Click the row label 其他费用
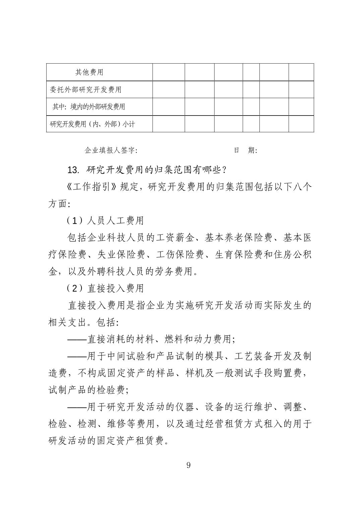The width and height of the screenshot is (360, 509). click(89, 72)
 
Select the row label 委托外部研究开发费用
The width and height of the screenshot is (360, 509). click(85, 89)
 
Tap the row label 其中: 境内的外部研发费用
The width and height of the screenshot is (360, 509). click(89, 107)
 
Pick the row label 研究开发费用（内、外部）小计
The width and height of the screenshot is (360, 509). click(92, 124)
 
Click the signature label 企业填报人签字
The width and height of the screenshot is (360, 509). click(111, 150)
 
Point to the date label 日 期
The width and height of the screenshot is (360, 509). click(245, 150)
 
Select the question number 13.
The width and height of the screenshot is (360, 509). click(73, 170)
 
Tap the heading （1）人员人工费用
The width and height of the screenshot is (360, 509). click(105, 220)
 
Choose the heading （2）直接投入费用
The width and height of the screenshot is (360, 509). click(105, 288)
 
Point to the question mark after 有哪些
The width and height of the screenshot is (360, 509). click(225, 170)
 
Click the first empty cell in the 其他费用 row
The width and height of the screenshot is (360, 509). click(169, 72)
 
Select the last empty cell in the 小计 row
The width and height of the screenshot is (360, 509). click(301, 124)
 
